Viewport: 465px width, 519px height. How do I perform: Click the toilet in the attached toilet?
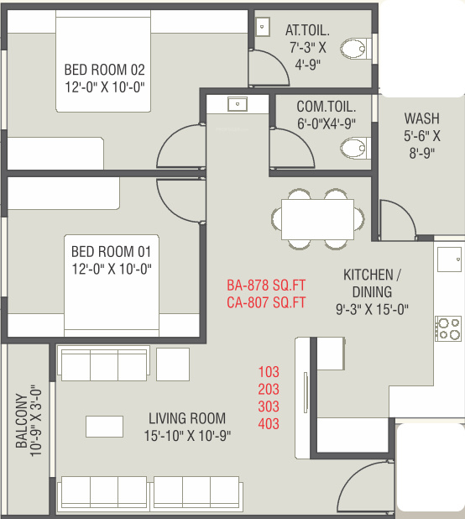[356, 49]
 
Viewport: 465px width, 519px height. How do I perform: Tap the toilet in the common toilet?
[356, 148]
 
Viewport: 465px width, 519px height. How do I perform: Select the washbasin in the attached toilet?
[263, 27]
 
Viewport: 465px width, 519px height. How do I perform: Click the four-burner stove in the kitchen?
[448, 328]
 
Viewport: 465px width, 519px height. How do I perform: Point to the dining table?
[317, 219]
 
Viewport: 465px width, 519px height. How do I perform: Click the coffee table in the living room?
[105, 427]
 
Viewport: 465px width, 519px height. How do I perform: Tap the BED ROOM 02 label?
[105, 70]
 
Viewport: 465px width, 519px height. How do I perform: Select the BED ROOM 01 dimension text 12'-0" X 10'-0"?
[112, 269]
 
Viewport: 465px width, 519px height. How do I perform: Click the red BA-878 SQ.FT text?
[266, 286]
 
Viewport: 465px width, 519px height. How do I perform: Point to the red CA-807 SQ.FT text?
[266, 302]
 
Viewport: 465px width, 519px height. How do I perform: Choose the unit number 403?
[269, 423]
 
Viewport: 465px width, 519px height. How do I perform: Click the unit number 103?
[269, 372]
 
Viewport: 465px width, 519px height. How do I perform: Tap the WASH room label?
[422, 118]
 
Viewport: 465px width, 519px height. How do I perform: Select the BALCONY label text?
[21, 421]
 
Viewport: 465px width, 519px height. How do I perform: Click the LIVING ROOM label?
[187, 418]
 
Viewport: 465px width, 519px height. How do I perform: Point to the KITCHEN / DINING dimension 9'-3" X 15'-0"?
[372, 310]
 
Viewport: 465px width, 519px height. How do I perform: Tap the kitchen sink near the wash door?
[449, 259]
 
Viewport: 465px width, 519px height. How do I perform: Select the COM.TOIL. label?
[327, 107]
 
